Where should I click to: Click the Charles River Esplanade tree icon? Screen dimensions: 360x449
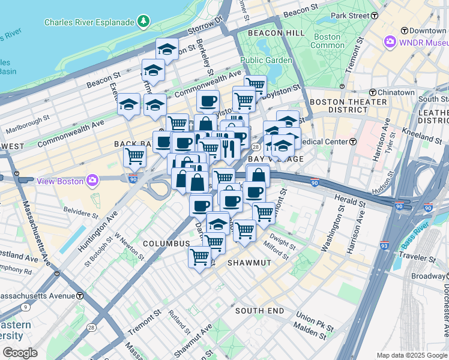coord(143,22)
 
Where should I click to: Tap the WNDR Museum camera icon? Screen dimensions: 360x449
coord(391,42)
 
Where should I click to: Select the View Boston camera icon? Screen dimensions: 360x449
coord(92,179)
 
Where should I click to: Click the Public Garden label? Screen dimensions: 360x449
coord(266,60)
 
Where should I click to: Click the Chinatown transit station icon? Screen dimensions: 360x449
coord(373,92)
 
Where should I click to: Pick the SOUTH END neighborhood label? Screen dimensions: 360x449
coord(259,310)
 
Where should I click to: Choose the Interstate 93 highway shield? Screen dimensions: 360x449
coord(384,245)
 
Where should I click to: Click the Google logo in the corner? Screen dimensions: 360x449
coord(20,352)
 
